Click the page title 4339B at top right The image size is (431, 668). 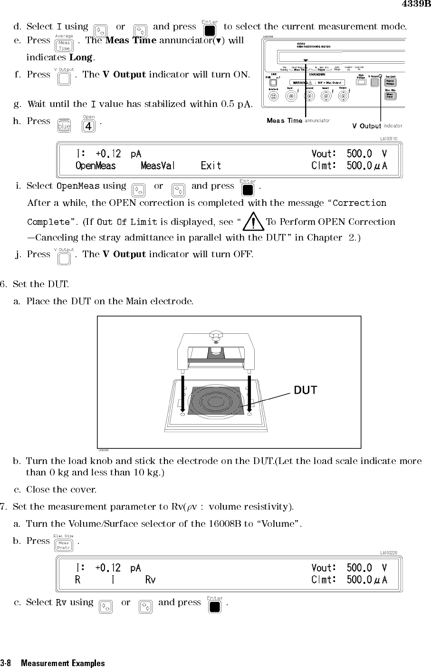click(416, 5)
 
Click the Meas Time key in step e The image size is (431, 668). click(64, 46)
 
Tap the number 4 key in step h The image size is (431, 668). click(88, 126)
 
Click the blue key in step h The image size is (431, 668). click(64, 126)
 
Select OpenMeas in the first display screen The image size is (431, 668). click(96, 165)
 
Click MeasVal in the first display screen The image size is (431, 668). click(158, 165)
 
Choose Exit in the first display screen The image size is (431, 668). click(211, 165)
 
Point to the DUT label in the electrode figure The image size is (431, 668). click(305, 390)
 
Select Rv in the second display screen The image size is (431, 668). click(150, 580)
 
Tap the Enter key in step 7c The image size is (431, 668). click(215, 607)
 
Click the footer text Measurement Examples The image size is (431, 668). click(63, 663)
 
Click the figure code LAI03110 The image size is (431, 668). click(389, 139)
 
